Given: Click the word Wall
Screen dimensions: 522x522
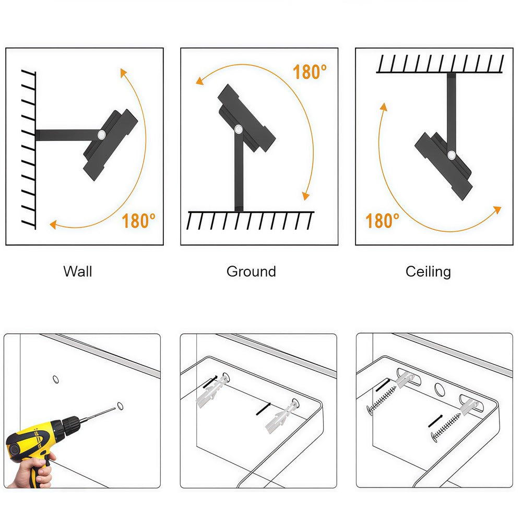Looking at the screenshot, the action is point(78,271).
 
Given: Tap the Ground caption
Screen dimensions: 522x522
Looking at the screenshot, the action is point(252,271).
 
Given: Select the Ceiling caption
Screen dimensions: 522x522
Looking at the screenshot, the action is point(428,271).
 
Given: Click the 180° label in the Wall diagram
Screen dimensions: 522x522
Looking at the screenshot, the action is point(138,221).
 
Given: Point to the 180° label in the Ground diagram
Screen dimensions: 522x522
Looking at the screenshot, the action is point(310,72).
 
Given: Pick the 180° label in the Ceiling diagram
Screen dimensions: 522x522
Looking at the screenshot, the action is point(382,221).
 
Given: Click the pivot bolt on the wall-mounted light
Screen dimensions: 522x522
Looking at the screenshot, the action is point(102,135).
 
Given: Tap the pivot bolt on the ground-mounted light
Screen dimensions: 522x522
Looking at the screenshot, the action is point(239,129).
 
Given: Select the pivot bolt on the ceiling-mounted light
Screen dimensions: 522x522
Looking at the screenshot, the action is point(452,155).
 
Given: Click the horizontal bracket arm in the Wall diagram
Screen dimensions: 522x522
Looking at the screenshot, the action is point(68,135).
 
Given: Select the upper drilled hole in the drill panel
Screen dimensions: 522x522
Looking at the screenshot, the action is point(56,379).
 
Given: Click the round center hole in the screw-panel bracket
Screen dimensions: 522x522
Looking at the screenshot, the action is point(440,389).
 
